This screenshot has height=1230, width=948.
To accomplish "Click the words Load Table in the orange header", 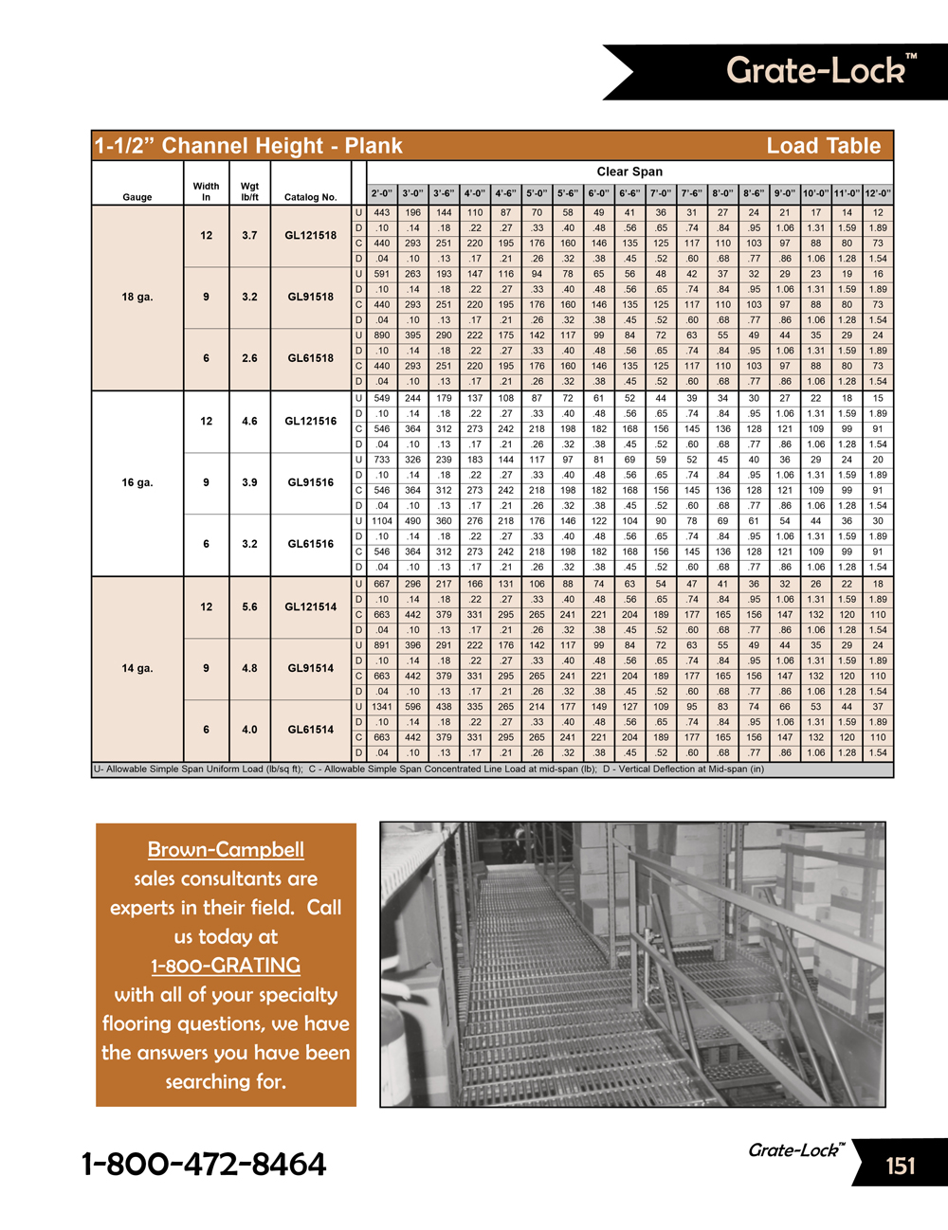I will tap(823, 146).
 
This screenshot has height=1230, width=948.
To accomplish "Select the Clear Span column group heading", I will tap(629, 172).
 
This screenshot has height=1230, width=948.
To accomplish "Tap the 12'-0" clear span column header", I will tap(878, 193).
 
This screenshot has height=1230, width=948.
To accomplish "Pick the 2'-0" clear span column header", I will tap(382, 193).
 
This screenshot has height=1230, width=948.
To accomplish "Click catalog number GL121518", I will tap(311, 235).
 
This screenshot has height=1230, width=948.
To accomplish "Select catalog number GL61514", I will tap(311, 730).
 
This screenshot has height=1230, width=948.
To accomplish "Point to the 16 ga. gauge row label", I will tap(137, 482).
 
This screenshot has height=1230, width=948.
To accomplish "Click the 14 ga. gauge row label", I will tap(137, 668).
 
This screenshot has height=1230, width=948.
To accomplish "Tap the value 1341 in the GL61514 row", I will tap(382, 707).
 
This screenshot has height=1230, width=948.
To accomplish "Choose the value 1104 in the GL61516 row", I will tap(382, 521).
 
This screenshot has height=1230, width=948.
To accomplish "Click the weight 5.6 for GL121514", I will tap(249, 606).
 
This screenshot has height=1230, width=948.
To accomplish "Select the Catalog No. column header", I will tap(311, 197).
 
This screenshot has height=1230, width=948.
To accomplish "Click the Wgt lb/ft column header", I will tap(249, 191).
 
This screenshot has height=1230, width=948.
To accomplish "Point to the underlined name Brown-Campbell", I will tap(226, 850).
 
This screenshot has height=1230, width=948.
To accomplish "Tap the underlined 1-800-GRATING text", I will tap(226, 966).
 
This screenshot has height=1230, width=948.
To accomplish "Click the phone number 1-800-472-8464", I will tap(204, 1165).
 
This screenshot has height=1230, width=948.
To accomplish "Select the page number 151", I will tap(901, 1166).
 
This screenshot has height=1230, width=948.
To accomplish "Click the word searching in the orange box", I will tap(226, 1082).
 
